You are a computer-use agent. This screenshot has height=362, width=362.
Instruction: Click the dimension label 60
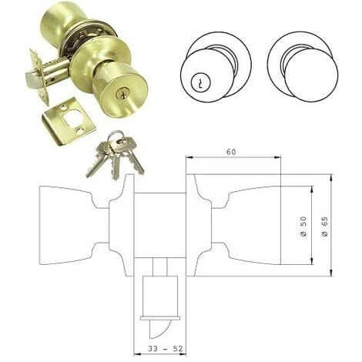231,152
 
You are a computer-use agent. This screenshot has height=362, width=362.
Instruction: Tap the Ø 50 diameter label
303,226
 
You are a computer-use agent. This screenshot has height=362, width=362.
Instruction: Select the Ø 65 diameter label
324,226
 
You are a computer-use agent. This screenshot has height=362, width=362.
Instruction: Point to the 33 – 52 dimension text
166,348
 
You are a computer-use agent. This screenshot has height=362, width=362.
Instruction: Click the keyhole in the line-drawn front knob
200,83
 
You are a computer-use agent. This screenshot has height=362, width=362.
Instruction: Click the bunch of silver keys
115,154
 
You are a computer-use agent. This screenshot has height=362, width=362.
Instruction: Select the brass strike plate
69,120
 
